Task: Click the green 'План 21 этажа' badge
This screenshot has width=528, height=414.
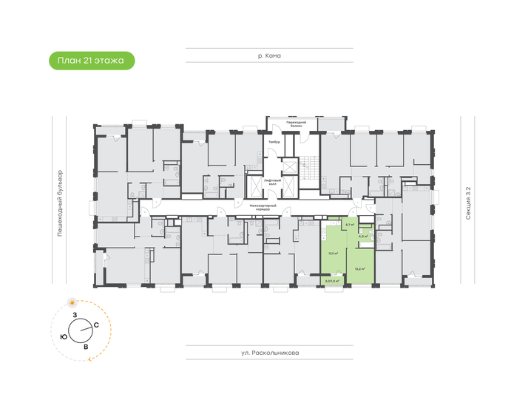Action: click(x=92, y=61)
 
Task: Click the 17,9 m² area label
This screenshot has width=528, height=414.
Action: click(x=334, y=253)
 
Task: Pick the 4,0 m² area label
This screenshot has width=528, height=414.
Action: click(x=364, y=237)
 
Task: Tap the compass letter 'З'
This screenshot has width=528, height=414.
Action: click(x=74, y=316)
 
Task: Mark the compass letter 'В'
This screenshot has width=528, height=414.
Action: click(x=87, y=346)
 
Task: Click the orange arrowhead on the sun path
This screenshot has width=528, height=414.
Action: click(x=90, y=358)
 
